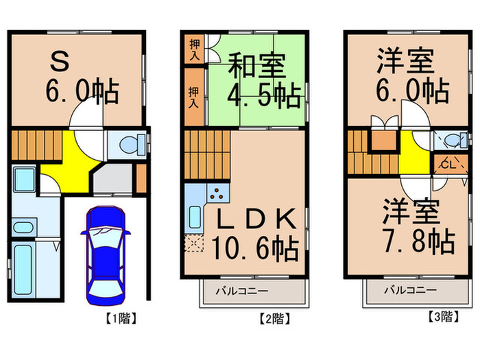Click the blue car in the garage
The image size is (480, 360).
104,253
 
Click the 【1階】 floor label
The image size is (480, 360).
120,317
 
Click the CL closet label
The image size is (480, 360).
446,165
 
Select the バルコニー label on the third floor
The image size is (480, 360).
409,290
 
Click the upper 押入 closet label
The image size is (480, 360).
193,48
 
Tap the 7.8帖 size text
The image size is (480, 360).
419,240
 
